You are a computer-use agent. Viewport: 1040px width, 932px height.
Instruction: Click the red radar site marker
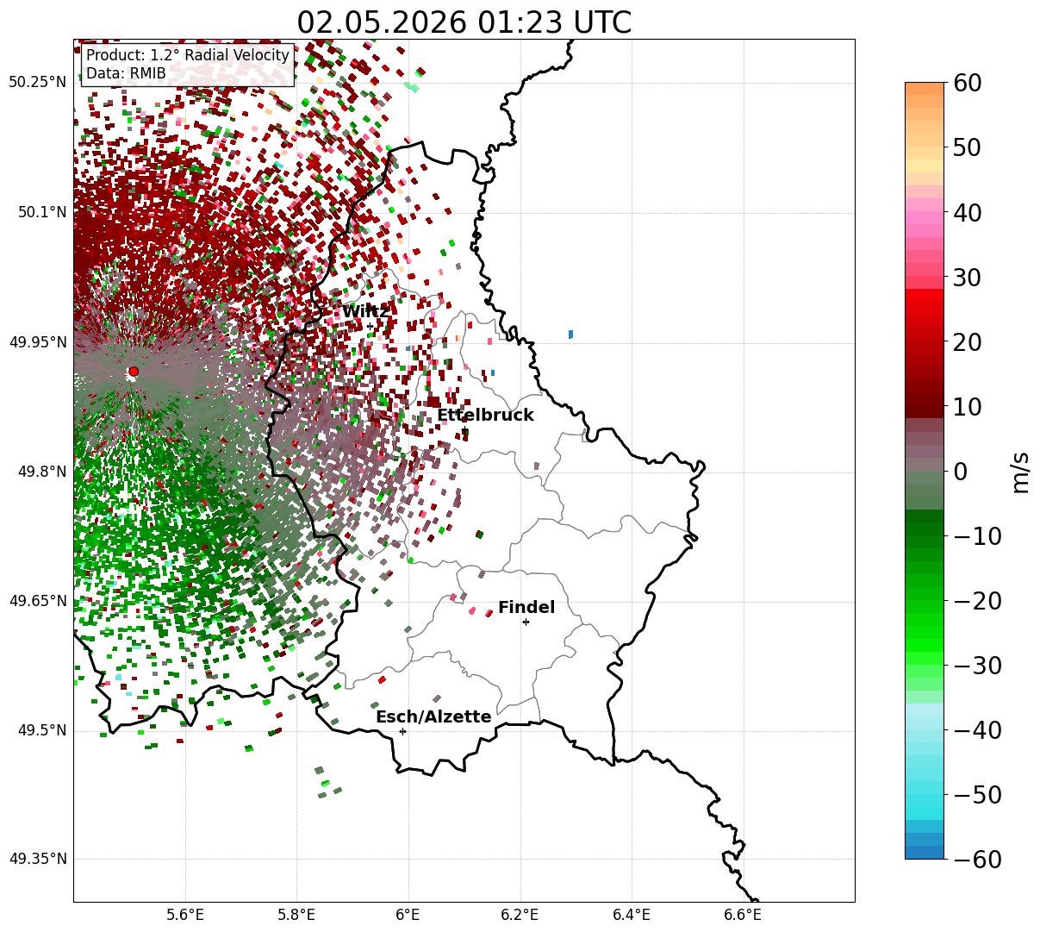[x=134, y=372]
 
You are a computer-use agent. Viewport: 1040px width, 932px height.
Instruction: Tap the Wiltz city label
[x=365, y=312]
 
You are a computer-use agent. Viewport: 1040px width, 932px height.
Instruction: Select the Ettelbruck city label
[x=485, y=415]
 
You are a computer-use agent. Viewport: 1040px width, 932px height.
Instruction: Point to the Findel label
[x=526, y=607]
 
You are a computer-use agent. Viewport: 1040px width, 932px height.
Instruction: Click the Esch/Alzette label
[x=433, y=716]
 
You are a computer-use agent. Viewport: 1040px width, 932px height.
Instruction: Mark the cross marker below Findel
[x=526, y=622]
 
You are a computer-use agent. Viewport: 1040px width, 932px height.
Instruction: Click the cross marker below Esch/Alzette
[x=402, y=731]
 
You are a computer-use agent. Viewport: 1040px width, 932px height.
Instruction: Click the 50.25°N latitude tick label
[x=37, y=82]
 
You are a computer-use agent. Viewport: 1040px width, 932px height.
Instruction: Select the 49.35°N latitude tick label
[x=37, y=859]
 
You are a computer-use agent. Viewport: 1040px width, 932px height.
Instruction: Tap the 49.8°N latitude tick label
[x=42, y=472]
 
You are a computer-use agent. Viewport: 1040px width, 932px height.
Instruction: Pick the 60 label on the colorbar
[x=967, y=83]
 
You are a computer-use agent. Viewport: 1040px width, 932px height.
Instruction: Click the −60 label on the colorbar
[x=977, y=859]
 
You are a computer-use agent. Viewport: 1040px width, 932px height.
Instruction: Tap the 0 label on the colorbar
[x=960, y=471]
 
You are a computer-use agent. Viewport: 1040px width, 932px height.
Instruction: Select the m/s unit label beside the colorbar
[x=1020, y=472]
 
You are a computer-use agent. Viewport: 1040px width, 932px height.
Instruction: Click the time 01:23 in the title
[x=520, y=23]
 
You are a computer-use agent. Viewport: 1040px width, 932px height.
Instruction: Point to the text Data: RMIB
[x=126, y=73]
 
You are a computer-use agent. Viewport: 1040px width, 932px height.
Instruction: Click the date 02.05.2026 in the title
[x=382, y=23]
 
